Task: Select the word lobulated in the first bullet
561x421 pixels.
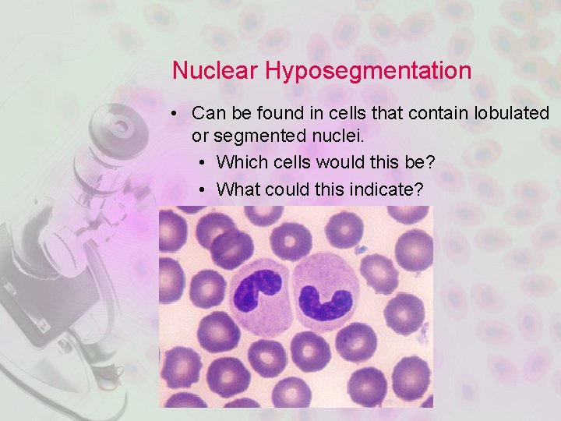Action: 511,113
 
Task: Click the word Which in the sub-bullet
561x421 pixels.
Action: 241,162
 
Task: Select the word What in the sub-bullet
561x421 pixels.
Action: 238,189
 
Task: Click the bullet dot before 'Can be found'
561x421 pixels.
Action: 177,114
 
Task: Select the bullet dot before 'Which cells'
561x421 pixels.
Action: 202,163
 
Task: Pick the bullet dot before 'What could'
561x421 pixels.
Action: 202,189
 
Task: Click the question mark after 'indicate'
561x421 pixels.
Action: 428,189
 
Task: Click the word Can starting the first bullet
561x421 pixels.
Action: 208,113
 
